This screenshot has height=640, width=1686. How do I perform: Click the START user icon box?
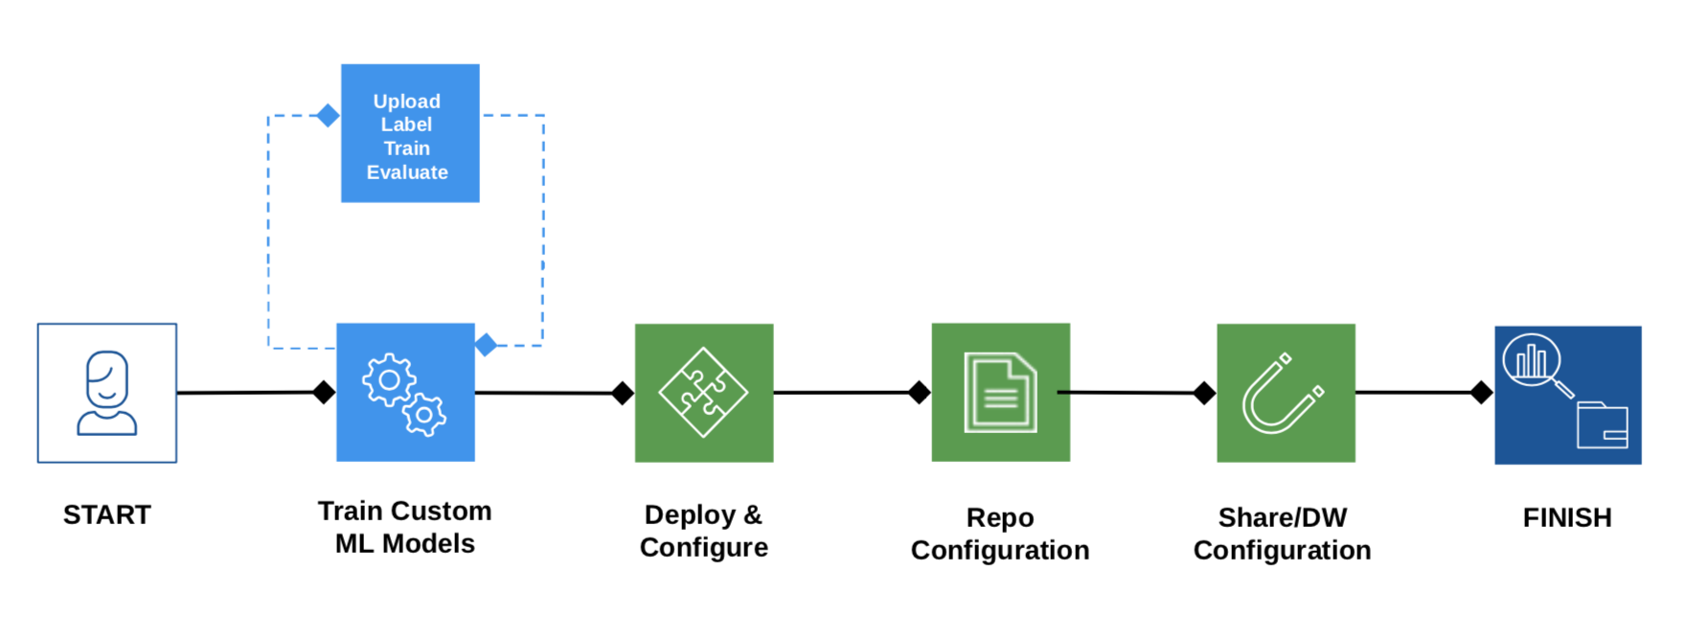pyautogui.click(x=107, y=393)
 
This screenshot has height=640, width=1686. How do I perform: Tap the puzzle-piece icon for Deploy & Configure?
pyautogui.click(x=704, y=393)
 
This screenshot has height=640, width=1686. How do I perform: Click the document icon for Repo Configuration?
pyautogui.click(x=1000, y=393)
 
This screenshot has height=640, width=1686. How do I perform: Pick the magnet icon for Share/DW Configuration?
pyautogui.click(x=1285, y=393)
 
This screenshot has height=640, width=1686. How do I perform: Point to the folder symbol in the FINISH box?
pyautogui.click(x=1602, y=425)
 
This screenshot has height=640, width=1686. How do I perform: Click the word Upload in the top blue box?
pyautogui.click(x=406, y=102)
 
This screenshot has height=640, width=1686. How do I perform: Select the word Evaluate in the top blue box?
pyautogui.click(x=407, y=172)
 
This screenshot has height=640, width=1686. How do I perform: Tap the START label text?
pyautogui.click(x=107, y=515)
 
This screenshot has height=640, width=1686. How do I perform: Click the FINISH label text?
pyautogui.click(x=1567, y=518)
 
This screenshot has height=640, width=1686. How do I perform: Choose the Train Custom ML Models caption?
pyautogui.click(x=405, y=527)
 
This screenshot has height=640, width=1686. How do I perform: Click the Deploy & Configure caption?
pyautogui.click(x=704, y=531)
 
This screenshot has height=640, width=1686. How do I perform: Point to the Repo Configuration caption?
pyautogui.click(x=1000, y=534)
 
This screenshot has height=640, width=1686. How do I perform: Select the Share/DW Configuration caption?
pyautogui.click(x=1283, y=534)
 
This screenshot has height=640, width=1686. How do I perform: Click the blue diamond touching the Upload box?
pyautogui.click(x=328, y=116)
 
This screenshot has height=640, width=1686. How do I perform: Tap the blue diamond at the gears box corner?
pyautogui.click(x=487, y=344)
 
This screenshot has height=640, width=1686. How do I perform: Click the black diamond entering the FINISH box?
pyautogui.click(x=1481, y=392)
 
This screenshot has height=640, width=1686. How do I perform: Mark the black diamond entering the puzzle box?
pyautogui.click(x=623, y=393)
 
